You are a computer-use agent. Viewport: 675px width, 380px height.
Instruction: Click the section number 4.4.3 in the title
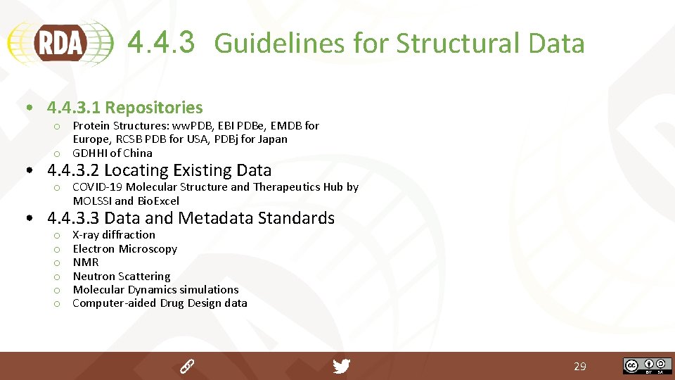pyautogui.click(x=161, y=42)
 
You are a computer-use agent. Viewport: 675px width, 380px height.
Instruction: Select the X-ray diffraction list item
pyautogui.click(x=114, y=235)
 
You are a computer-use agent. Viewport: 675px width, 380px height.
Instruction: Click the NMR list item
pyautogui.click(x=86, y=262)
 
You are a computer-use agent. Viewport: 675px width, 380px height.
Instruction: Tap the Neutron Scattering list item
pyautogui.click(x=122, y=276)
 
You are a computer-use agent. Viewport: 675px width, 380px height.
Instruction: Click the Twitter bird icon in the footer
pyautogui.click(x=342, y=366)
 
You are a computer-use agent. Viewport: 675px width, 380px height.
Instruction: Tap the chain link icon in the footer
pyautogui.click(x=186, y=366)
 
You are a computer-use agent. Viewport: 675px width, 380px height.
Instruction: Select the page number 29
pyautogui.click(x=580, y=367)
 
